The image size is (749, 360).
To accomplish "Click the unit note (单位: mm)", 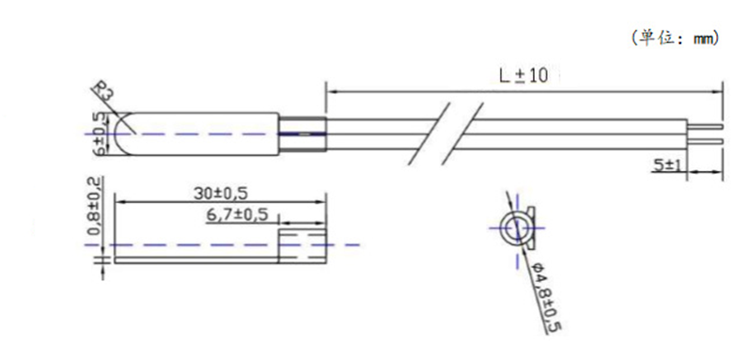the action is [x=675, y=39].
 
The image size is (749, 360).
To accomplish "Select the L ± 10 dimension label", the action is [x=524, y=75].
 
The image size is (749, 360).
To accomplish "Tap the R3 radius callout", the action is [x=104, y=91].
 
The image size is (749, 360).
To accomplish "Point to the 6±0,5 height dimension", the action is [x=100, y=133].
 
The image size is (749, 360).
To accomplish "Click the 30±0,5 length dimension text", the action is [x=221, y=194].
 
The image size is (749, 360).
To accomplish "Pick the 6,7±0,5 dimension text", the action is [x=237, y=215].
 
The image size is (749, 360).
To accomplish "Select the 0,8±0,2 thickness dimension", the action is [x=94, y=206].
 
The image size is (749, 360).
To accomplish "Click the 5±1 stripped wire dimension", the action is [x=668, y=165].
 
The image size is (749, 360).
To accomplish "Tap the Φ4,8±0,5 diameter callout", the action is [x=545, y=297].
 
